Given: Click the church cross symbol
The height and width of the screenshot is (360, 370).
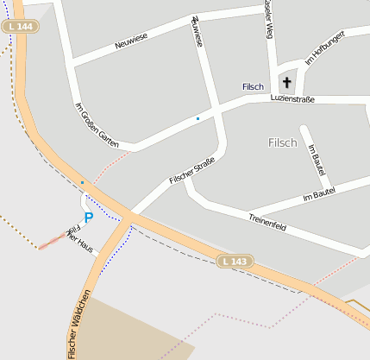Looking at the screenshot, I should click(286, 83).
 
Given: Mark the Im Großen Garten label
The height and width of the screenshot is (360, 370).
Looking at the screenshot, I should click(97, 124).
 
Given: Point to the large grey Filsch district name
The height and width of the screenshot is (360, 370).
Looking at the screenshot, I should click(282, 142).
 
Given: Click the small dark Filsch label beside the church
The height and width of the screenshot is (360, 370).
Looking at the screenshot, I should click(253, 87).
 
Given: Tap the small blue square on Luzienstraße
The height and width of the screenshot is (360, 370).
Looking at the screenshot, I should click(198, 118).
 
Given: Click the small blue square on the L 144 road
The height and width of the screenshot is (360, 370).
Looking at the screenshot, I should click(82, 183).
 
